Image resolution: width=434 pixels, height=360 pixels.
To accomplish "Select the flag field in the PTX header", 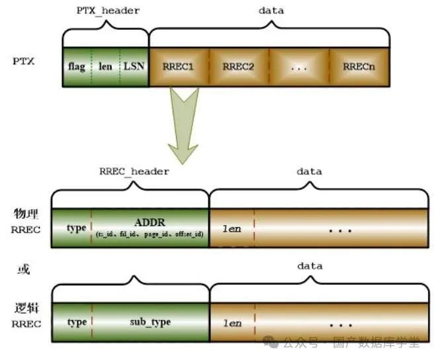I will (x=76, y=67).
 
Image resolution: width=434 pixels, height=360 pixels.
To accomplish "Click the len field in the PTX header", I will (x=105, y=67).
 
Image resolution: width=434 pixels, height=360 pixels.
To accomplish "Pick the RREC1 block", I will (x=180, y=67).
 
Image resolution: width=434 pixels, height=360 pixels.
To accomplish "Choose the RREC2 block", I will (x=238, y=67).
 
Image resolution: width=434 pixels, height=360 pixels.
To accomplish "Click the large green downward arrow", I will (x=185, y=122).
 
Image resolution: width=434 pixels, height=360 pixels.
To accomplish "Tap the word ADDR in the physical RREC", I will (x=150, y=222).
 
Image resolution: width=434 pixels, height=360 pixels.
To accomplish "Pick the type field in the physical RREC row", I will (x=76, y=228).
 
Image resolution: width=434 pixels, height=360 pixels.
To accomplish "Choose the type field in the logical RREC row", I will (x=76, y=322).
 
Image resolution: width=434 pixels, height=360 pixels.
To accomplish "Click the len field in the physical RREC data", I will (x=232, y=228).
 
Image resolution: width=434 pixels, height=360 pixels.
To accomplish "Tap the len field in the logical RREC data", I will (x=232, y=323).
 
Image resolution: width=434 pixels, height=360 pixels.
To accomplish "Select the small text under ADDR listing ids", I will (x=150, y=234).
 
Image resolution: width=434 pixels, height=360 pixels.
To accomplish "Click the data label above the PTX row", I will (x=271, y=11).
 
